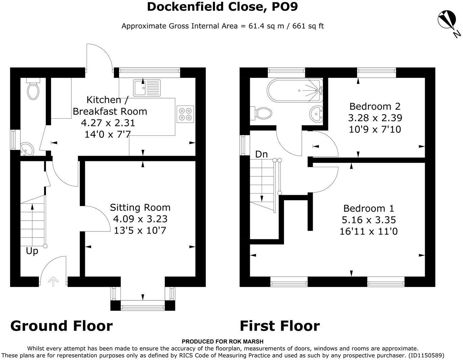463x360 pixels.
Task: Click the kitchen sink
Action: pyautogui.click(x=147, y=88)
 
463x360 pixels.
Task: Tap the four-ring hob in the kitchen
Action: pyautogui.click(x=185, y=114)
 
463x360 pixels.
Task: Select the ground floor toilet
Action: pyautogui.click(x=33, y=89)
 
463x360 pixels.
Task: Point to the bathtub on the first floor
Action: pyautogui.click(x=295, y=91)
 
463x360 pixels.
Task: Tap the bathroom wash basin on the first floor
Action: pyautogui.click(x=316, y=114)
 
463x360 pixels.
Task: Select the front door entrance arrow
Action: pyautogui.click(x=53, y=281)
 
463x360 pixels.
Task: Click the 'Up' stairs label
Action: pyautogui.click(x=32, y=251)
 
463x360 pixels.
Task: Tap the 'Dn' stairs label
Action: pyautogui.click(x=261, y=154)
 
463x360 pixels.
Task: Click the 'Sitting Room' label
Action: pyautogui.click(x=140, y=207)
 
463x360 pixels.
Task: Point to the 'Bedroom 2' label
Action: pyautogui.click(x=375, y=106)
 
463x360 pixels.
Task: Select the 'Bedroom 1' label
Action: pyautogui.click(x=369, y=208)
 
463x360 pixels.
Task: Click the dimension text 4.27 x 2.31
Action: pyautogui.click(x=108, y=123)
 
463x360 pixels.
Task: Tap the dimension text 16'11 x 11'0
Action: pyautogui.click(x=369, y=231)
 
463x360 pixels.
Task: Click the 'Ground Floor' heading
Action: pyautogui.click(x=61, y=326)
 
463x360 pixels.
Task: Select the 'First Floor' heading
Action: pyautogui.click(x=280, y=326)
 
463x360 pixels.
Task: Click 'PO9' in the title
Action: pyautogui.click(x=285, y=7)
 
